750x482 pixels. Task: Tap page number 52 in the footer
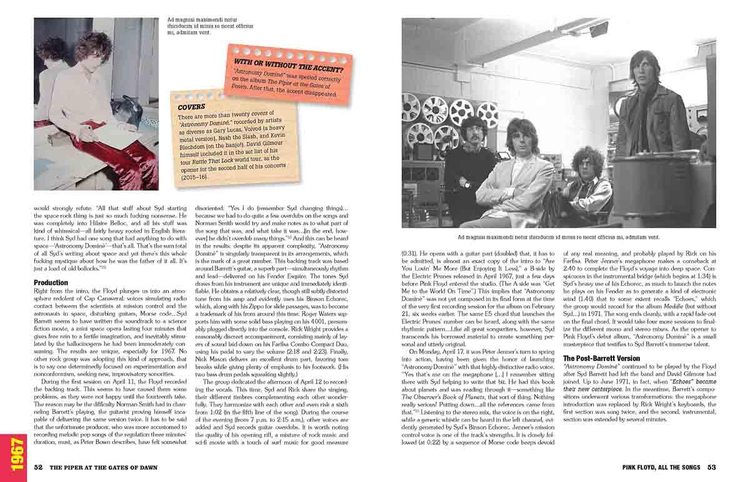(x=38, y=467)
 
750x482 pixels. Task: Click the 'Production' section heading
(x=51, y=283)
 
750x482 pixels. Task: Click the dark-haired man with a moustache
(x=474, y=132)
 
